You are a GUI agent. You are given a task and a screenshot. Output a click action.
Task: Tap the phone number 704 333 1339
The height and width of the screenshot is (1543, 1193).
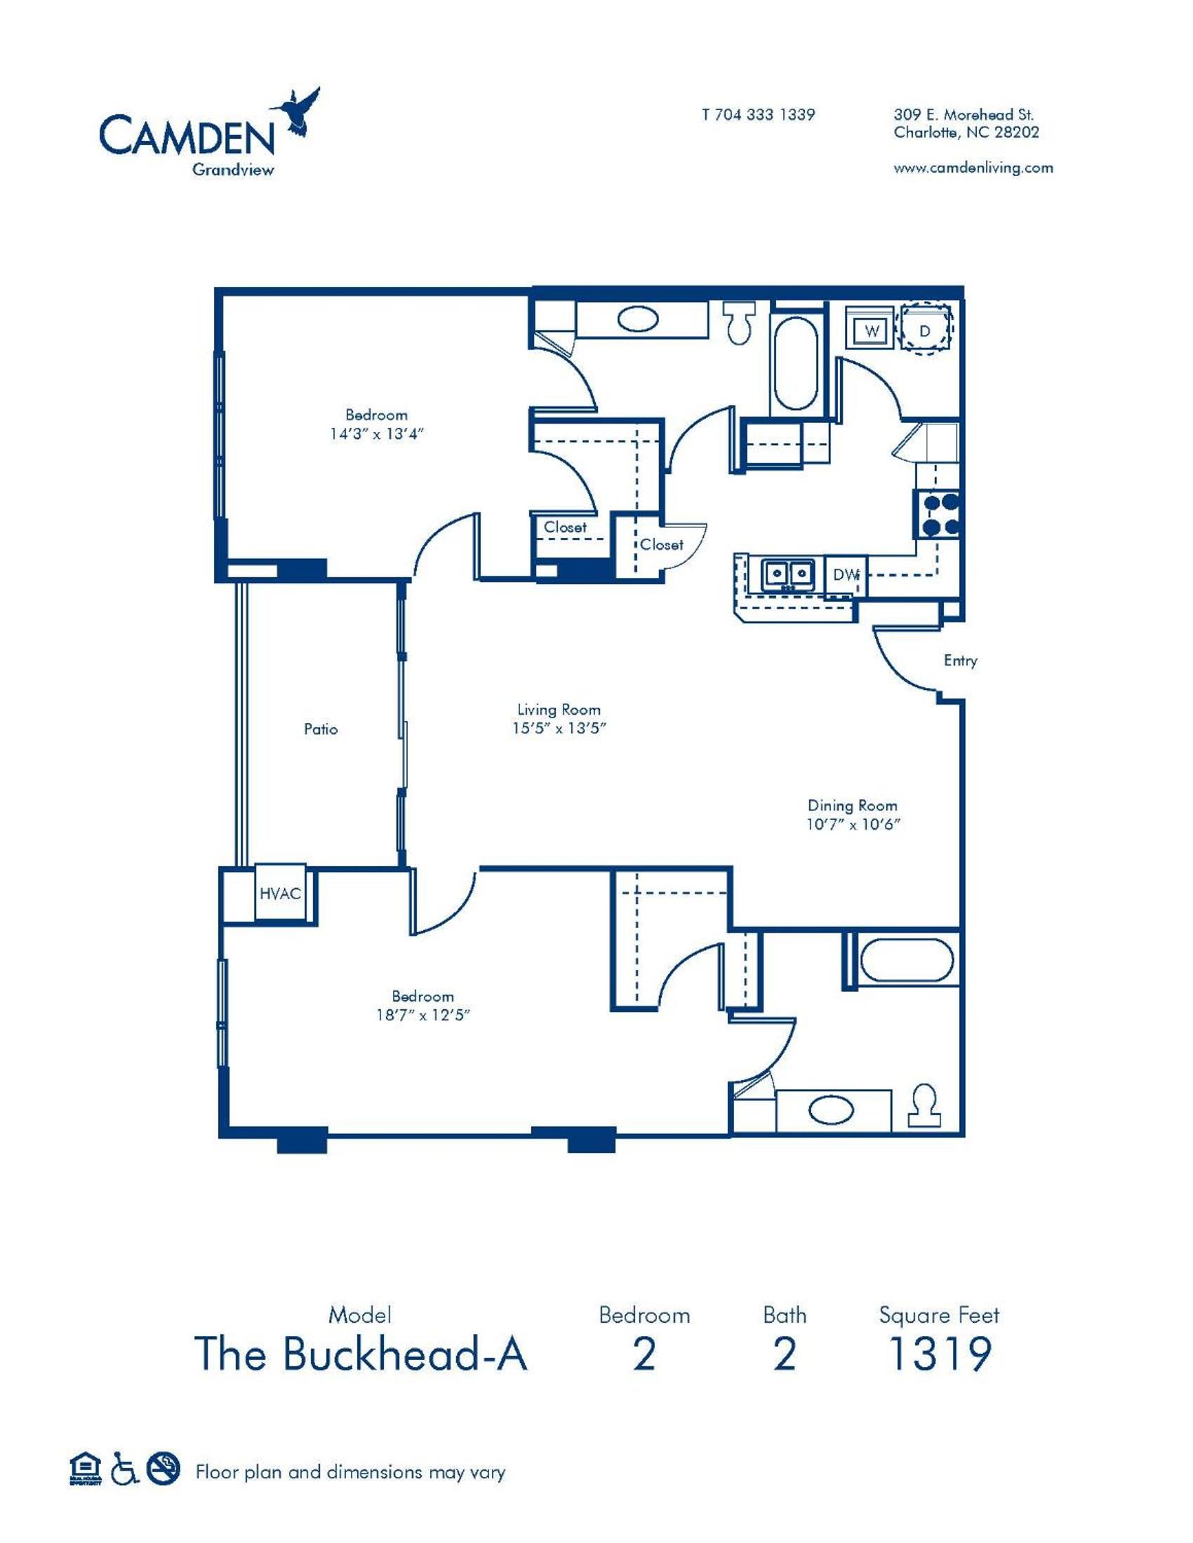coord(765,114)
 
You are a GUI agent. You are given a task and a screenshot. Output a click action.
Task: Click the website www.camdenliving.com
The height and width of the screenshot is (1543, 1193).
coord(973,168)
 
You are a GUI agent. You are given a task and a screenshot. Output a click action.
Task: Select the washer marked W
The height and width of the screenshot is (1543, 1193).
coord(872,330)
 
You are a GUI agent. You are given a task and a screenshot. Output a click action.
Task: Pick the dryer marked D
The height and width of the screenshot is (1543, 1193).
coord(924,330)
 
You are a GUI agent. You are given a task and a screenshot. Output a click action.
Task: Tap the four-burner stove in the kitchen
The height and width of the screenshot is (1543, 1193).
coord(938,513)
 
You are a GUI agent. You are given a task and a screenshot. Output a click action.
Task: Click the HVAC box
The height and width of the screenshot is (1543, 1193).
coord(280,894)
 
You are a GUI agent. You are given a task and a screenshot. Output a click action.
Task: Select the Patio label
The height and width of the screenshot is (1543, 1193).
coord(321,729)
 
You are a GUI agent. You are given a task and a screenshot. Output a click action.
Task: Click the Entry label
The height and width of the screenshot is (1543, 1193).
coord(961,661)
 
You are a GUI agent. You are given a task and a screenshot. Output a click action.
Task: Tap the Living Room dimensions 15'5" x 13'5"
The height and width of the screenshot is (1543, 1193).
coord(560,729)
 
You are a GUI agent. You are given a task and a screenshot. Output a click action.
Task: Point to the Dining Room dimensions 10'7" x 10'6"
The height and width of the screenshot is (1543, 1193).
coord(855,824)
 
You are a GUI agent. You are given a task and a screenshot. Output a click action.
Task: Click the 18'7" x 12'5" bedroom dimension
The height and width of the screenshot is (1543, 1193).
coord(423,1016)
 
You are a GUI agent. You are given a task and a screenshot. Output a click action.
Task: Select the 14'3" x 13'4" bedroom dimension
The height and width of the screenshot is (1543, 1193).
coord(376,433)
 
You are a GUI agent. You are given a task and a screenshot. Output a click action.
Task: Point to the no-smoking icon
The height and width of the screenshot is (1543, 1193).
coord(164,1466)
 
